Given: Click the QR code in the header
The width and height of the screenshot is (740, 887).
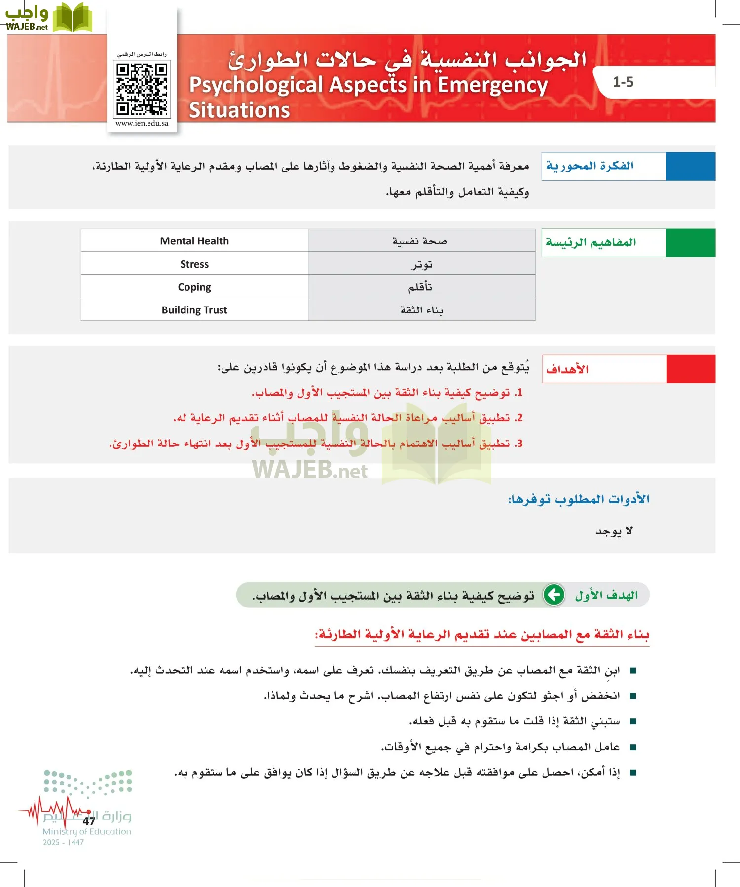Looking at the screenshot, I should point(142,89).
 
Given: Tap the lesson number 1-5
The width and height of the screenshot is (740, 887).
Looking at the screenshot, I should point(623,82).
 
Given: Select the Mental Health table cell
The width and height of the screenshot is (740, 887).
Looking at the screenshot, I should point(194,241).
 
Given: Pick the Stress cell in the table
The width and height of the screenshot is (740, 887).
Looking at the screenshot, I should point(194,264).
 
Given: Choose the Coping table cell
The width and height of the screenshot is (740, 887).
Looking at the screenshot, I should point(194,287).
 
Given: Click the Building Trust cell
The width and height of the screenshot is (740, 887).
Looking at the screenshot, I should point(194,310).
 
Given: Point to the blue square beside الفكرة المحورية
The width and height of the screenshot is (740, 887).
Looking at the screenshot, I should point(690,167).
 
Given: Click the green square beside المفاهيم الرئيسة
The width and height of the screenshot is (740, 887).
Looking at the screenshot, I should point(690,242).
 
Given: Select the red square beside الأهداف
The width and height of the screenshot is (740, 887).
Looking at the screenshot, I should point(691,369).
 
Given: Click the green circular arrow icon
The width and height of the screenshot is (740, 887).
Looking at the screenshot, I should point(554,595).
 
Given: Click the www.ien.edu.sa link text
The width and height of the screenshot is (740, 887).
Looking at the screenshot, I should point(142,124).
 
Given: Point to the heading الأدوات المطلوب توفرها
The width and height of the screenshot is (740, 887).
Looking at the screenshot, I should point(579,499).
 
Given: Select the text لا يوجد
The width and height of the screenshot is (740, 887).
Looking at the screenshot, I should point(614,531).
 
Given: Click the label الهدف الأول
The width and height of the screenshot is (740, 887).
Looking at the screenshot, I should point(606,595).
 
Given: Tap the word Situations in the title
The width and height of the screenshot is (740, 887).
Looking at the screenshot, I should point(239,110).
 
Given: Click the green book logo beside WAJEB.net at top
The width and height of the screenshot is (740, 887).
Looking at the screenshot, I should point(72,18).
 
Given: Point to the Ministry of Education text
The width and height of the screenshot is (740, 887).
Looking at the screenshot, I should point(87,832).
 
